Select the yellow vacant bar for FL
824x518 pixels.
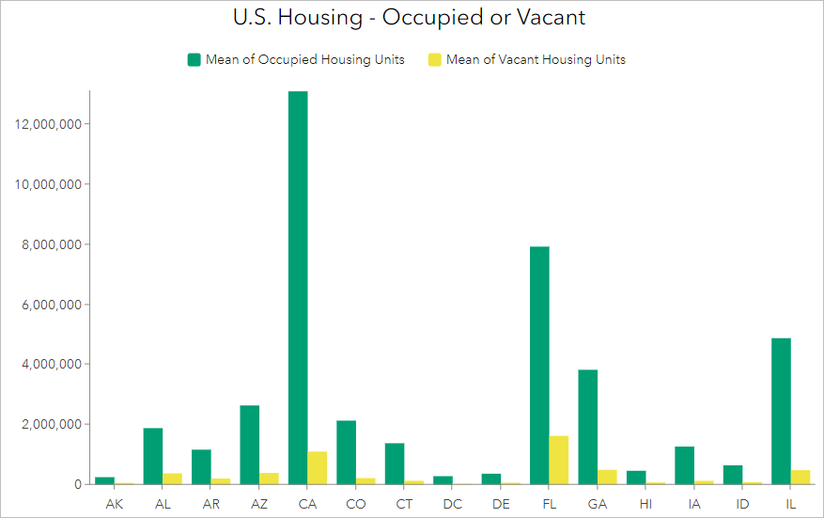coord(559,460)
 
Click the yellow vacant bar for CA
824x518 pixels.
coord(318,467)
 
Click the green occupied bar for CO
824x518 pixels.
coord(346,452)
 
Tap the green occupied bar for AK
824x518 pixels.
coord(105,480)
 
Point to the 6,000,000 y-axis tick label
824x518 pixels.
coord(53,305)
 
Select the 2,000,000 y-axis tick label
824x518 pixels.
coord(53,424)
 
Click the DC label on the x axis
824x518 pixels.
coord(453,505)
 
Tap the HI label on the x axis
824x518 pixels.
coord(645,505)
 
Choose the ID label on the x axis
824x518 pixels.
coord(742,505)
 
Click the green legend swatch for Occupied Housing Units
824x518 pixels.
coord(194,59)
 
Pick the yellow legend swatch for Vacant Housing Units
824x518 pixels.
coord(435,59)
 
